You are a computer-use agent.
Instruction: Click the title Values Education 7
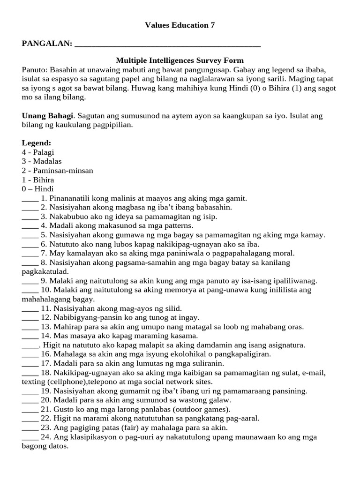click(180, 26)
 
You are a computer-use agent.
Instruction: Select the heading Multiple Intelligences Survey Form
click(180, 60)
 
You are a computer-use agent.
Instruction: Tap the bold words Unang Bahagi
click(47, 115)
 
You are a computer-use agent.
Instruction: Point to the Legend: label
click(37, 142)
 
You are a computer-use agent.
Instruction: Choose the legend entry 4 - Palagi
click(38, 152)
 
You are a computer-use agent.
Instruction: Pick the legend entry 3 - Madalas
click(42, 161)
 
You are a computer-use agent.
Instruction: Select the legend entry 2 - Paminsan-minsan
click(57, 170)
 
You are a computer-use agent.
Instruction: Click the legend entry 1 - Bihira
click(38, 180)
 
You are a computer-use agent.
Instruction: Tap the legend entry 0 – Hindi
click(38, 189)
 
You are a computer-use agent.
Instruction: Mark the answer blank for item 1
click(30, 199)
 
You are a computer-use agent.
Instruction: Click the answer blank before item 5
click(30, 235)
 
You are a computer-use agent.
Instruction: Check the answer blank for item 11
click(30, 308)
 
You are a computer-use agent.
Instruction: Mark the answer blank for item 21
click(30, 409)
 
